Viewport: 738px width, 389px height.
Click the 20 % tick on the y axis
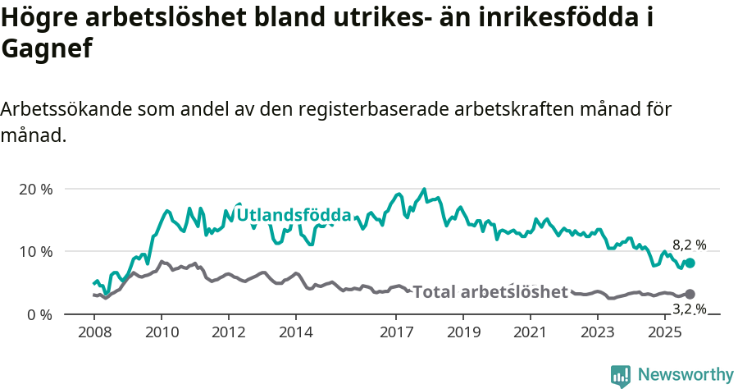pos(35,189)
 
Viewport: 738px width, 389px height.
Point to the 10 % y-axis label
pos(35,251)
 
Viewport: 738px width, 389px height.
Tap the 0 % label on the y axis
pos(39,314)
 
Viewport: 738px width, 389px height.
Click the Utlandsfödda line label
pos(294,216)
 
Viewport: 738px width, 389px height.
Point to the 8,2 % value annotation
pos(689,245)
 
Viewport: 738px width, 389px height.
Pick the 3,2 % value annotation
pos(689,309)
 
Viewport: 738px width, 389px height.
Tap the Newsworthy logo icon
pos(621,376)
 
